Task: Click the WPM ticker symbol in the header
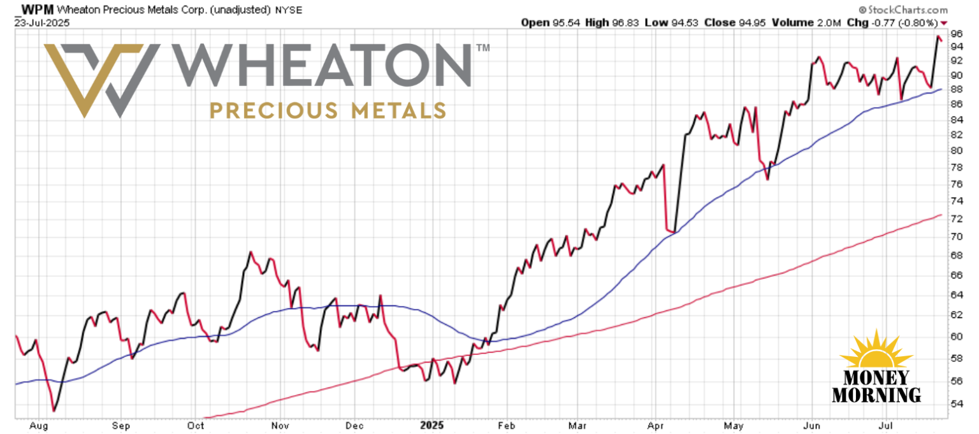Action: coord(36,10)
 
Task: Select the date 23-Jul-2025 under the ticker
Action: coord(41,22)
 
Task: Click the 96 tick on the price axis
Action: coord(956,33)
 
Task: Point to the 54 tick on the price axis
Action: coord(956,403)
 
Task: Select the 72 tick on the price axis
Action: coord(956,219)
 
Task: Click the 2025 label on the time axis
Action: coord(432,425)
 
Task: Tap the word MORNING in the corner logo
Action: coord(876,394)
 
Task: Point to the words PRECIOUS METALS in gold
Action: coord(328,110)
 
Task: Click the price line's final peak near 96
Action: coord(938,37)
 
